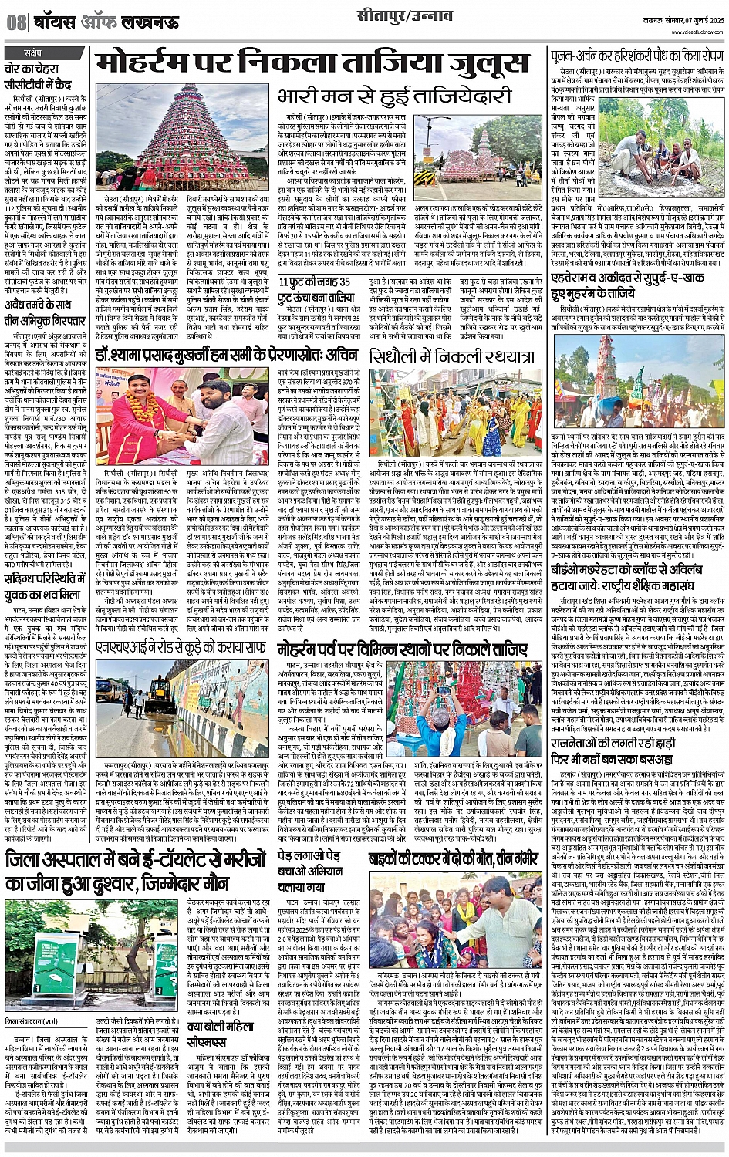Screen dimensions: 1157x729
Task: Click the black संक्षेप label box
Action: click(32, 53)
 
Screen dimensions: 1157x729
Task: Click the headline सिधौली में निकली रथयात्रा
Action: click(451, 356)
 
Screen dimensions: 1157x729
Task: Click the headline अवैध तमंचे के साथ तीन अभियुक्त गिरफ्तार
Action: click(42, 310)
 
